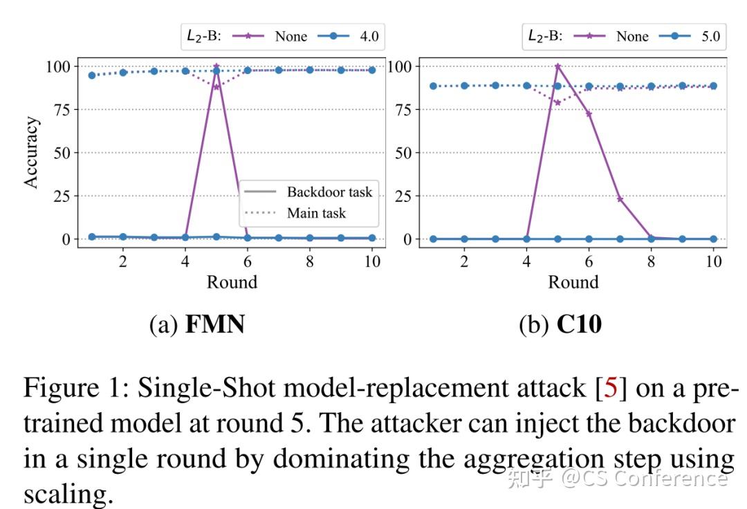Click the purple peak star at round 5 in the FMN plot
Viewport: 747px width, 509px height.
click(216, 67)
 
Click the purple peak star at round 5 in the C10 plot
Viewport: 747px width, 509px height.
click(557, 67)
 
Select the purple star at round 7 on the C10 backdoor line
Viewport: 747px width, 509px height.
click(620, 199)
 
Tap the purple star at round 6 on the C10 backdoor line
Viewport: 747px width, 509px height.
click(589, 113)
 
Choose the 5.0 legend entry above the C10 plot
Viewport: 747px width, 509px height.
click(710, 37)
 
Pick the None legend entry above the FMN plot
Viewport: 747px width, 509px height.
click(290, 37)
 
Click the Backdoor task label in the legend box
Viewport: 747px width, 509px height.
click(329, 192)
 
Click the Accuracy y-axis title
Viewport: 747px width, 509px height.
click(31, 152)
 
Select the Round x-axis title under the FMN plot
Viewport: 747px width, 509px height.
click(232, 282)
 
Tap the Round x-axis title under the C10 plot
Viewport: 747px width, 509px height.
click(573, 282)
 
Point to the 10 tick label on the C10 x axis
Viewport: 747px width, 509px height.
click(713, 261)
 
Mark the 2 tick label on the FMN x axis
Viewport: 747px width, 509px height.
click(122, 261)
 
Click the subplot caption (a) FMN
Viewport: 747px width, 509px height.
click(197, 324)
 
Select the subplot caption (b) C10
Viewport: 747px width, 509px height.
click(560, 324)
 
